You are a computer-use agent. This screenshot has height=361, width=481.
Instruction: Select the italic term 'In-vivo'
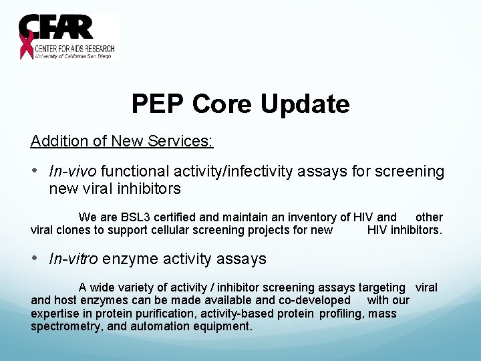(x=73, y=172)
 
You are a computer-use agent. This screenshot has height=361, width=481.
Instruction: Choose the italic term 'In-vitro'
(x=73, y=259)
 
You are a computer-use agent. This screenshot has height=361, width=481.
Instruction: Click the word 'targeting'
(x=381, y=287)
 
